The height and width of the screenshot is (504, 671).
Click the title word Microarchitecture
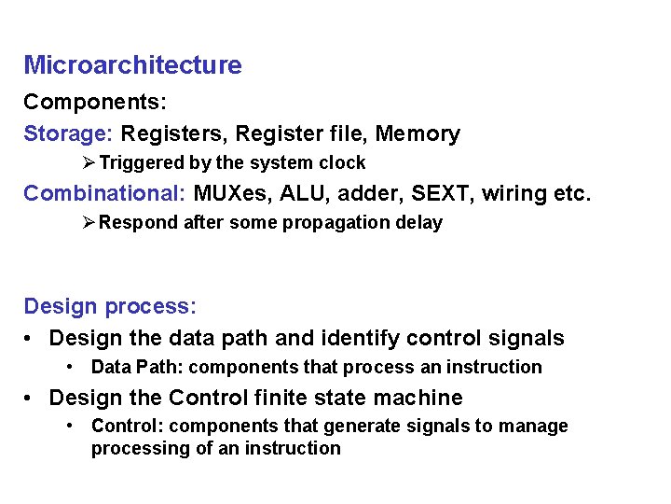point(132,65)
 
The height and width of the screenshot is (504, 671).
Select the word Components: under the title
point(95,101)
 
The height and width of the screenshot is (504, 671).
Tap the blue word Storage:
point(68,134)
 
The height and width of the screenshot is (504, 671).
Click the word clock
point(342,163)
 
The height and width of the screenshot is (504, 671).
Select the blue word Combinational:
point(104,194)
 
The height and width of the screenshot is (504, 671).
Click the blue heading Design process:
point(110,307)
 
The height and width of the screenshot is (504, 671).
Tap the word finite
point(281,398)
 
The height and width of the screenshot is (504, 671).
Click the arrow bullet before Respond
point(89,222)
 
